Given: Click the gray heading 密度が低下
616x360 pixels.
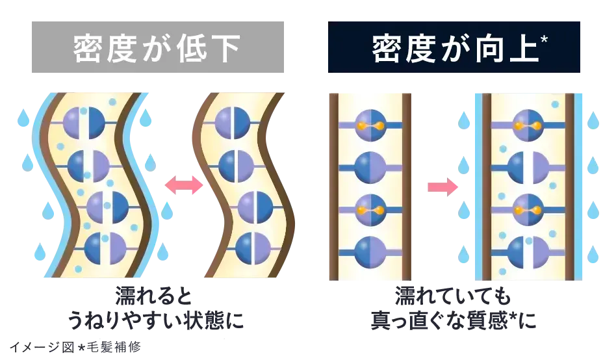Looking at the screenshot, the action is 157,48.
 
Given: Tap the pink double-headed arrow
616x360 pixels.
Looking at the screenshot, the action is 183,185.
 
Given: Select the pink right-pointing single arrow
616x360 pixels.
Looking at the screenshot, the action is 443,186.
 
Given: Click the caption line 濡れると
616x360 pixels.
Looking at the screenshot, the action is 153,296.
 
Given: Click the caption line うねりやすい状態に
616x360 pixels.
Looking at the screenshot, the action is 155,320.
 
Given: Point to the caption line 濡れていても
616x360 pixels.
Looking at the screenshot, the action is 452,296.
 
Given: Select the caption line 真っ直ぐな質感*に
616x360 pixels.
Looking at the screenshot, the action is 454,320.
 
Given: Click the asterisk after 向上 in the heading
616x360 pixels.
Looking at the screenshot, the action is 544,39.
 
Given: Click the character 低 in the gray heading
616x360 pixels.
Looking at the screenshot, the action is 192,48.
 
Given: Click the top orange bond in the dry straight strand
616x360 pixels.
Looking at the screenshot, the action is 370,126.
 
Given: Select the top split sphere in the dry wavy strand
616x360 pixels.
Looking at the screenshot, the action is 233,122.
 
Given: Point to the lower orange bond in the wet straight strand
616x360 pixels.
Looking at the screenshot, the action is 528,211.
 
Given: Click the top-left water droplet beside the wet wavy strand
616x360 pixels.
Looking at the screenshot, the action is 23,118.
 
